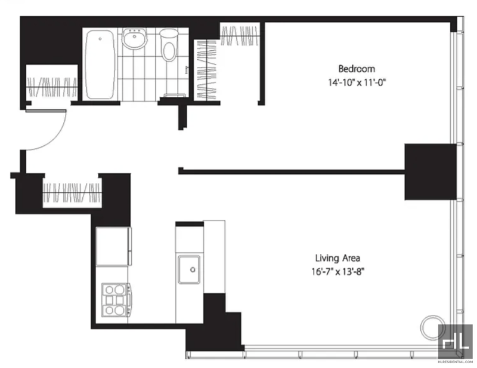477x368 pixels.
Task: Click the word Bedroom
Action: tap(357, 69)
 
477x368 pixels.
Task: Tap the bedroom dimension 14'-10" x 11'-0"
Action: tap(357, 82)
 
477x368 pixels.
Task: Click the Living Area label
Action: tap(337, 258)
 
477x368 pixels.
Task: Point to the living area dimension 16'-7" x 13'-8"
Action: tap(337, 272)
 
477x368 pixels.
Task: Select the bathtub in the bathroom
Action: tap(100, 64)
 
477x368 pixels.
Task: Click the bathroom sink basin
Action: tap(135, 38)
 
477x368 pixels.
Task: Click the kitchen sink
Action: tap(189, 269)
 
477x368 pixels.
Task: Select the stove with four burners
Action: tap(117, 300)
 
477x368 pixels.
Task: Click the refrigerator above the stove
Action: tap(114, 246)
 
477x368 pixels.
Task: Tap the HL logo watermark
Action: tap(456, 341)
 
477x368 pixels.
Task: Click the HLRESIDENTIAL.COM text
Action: tap(456, 362)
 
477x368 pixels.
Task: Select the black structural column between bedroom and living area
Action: tap(430, 172)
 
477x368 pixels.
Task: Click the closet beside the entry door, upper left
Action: tap(52, 82)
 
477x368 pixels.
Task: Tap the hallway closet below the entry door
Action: tap(72, 192)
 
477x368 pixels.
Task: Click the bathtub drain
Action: tap(100, 39)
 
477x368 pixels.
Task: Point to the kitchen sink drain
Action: tap(193, 269)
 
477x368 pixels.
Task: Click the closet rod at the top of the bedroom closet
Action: tap(240, 36)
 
